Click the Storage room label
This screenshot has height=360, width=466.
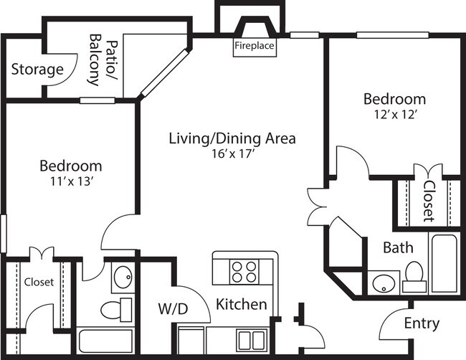coord(38,70)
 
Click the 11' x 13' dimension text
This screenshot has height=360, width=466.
coord(70,181)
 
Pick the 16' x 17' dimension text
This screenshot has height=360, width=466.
coord(232,152)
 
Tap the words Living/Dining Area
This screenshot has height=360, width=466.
coord(232,138)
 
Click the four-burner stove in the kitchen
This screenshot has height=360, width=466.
coord(244,272)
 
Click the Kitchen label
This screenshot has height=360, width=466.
coord(242,304)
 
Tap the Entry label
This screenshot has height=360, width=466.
coord(422,323)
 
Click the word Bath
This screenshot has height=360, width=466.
coord(397,248)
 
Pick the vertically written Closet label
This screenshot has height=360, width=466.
coord(428,201)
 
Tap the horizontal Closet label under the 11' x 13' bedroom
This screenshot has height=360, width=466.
coord(38,282)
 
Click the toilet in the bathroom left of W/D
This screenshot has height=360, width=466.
coord(115,310)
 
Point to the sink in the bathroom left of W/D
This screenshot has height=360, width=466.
coord(122,276)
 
